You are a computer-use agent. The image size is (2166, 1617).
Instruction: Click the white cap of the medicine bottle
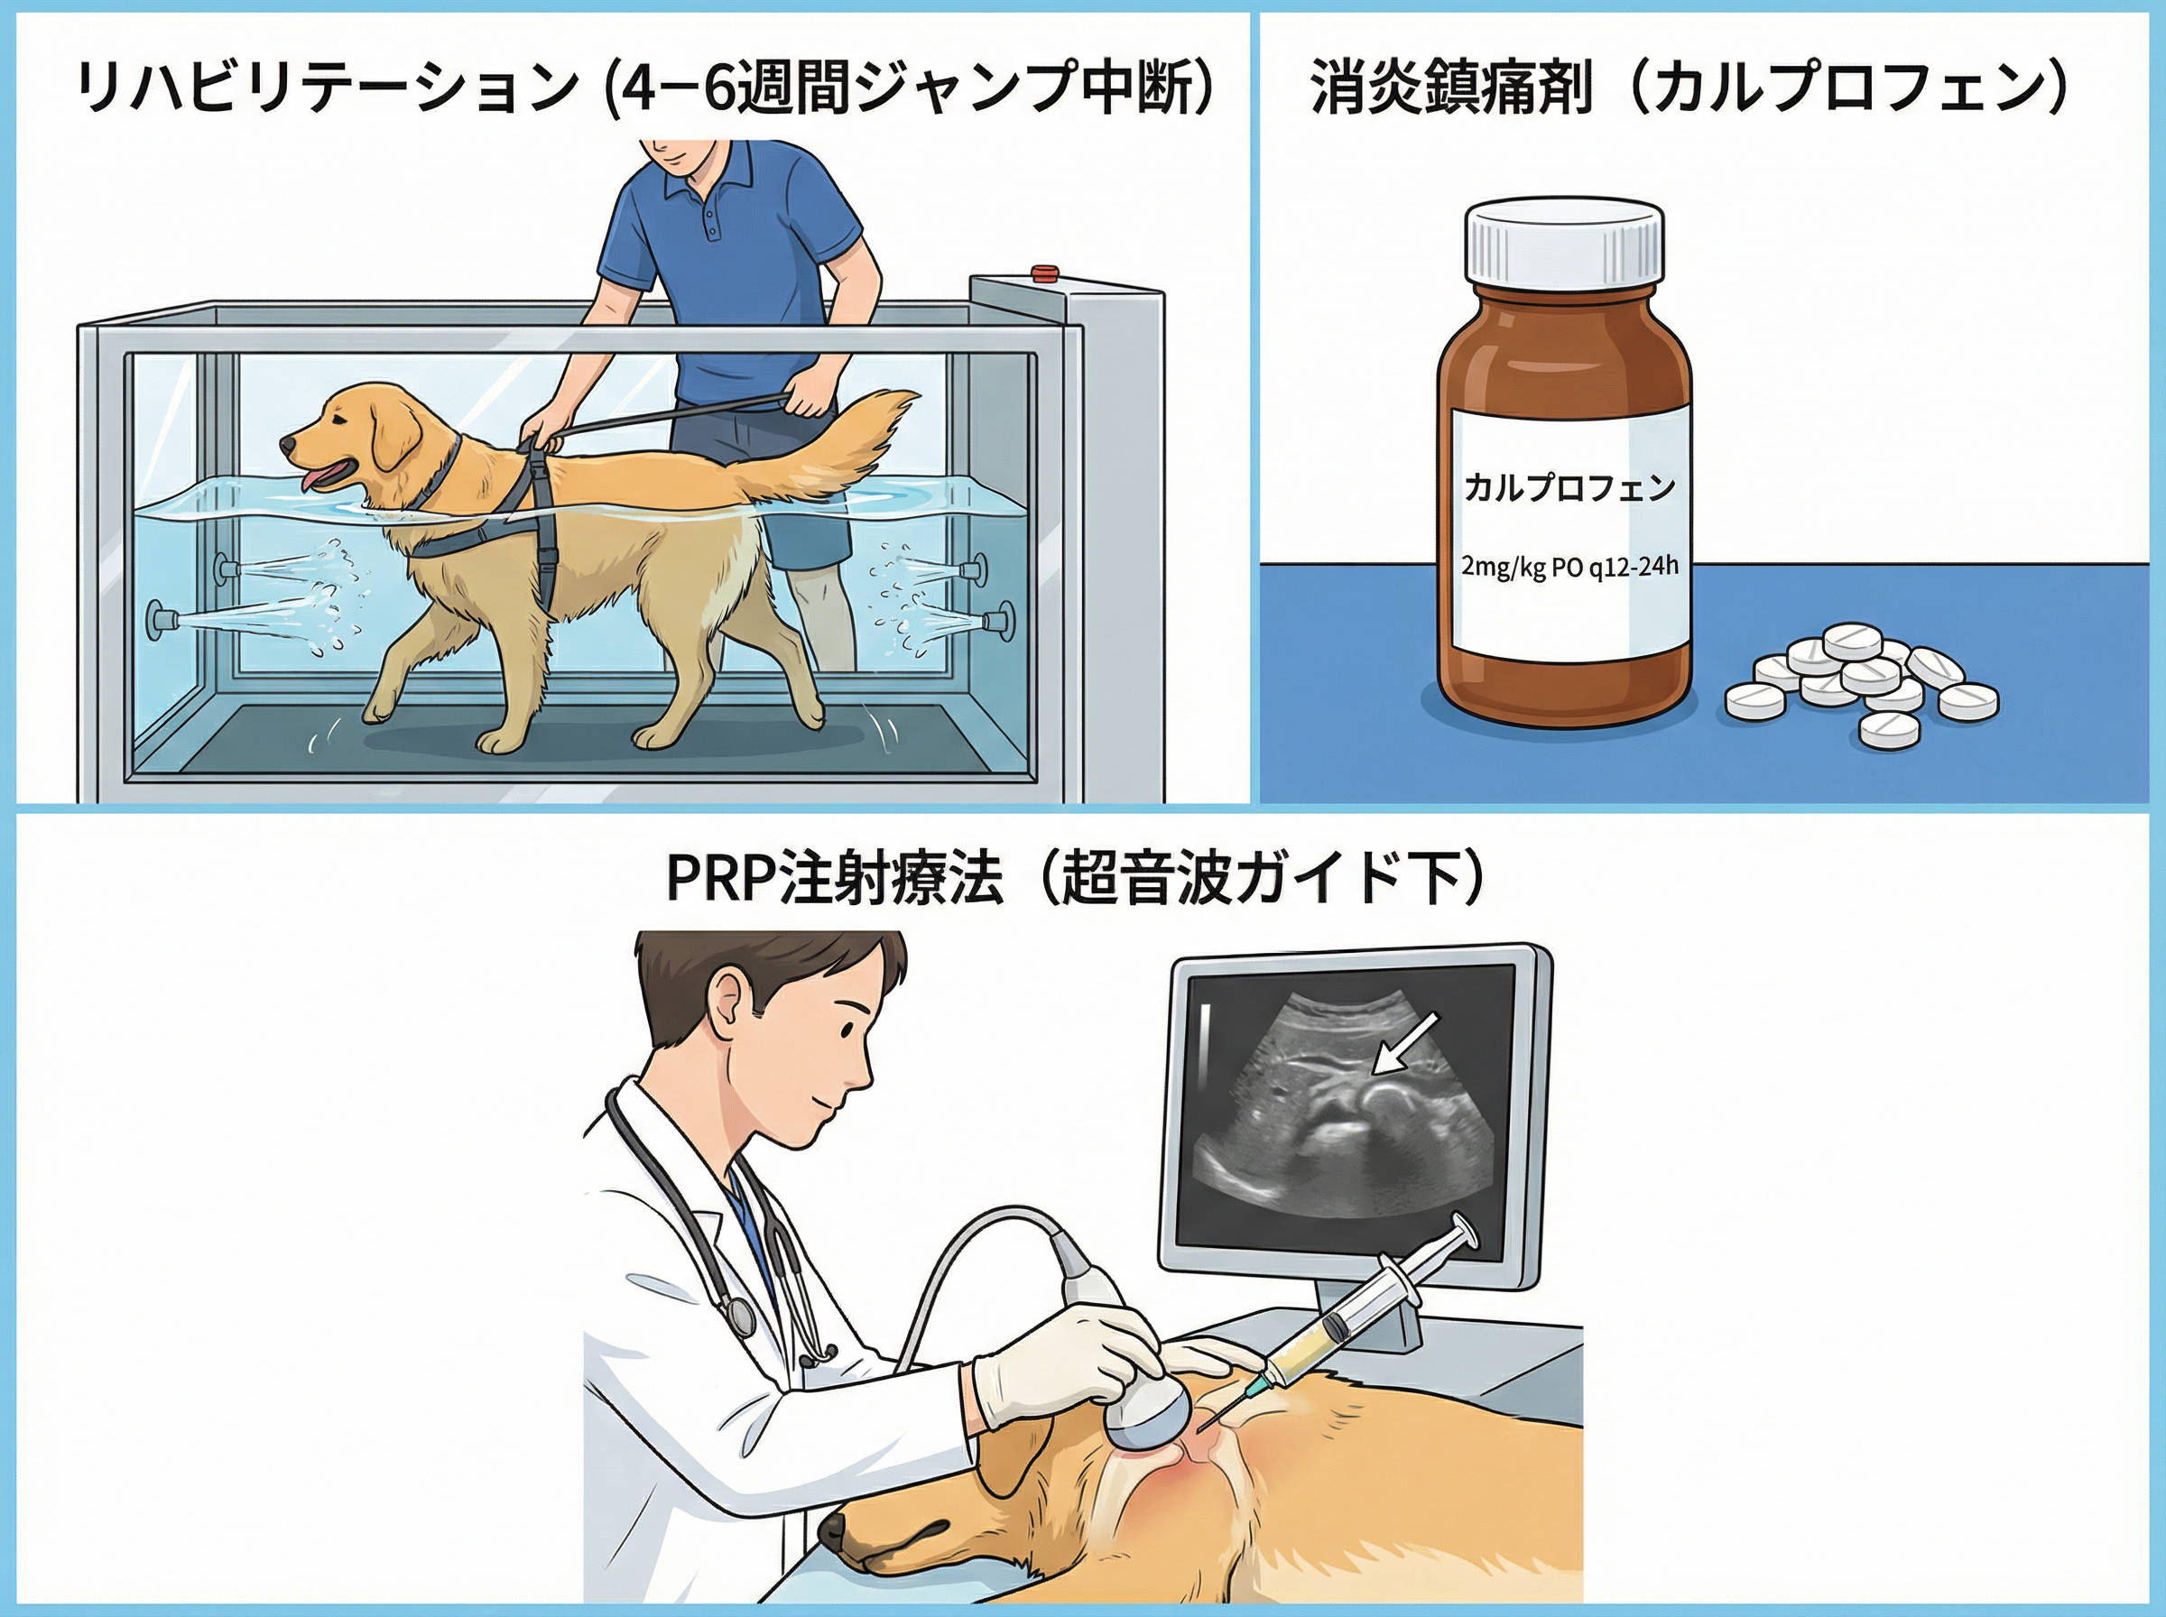tap(1563, 242)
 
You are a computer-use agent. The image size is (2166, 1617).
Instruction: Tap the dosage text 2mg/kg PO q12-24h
tap(1569, 565)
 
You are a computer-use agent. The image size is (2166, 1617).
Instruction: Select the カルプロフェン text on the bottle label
tap(1569, 486)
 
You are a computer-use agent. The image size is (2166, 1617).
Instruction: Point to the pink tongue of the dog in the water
tap(315, 477)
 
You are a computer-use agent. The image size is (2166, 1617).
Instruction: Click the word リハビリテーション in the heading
tap(325, 90)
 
